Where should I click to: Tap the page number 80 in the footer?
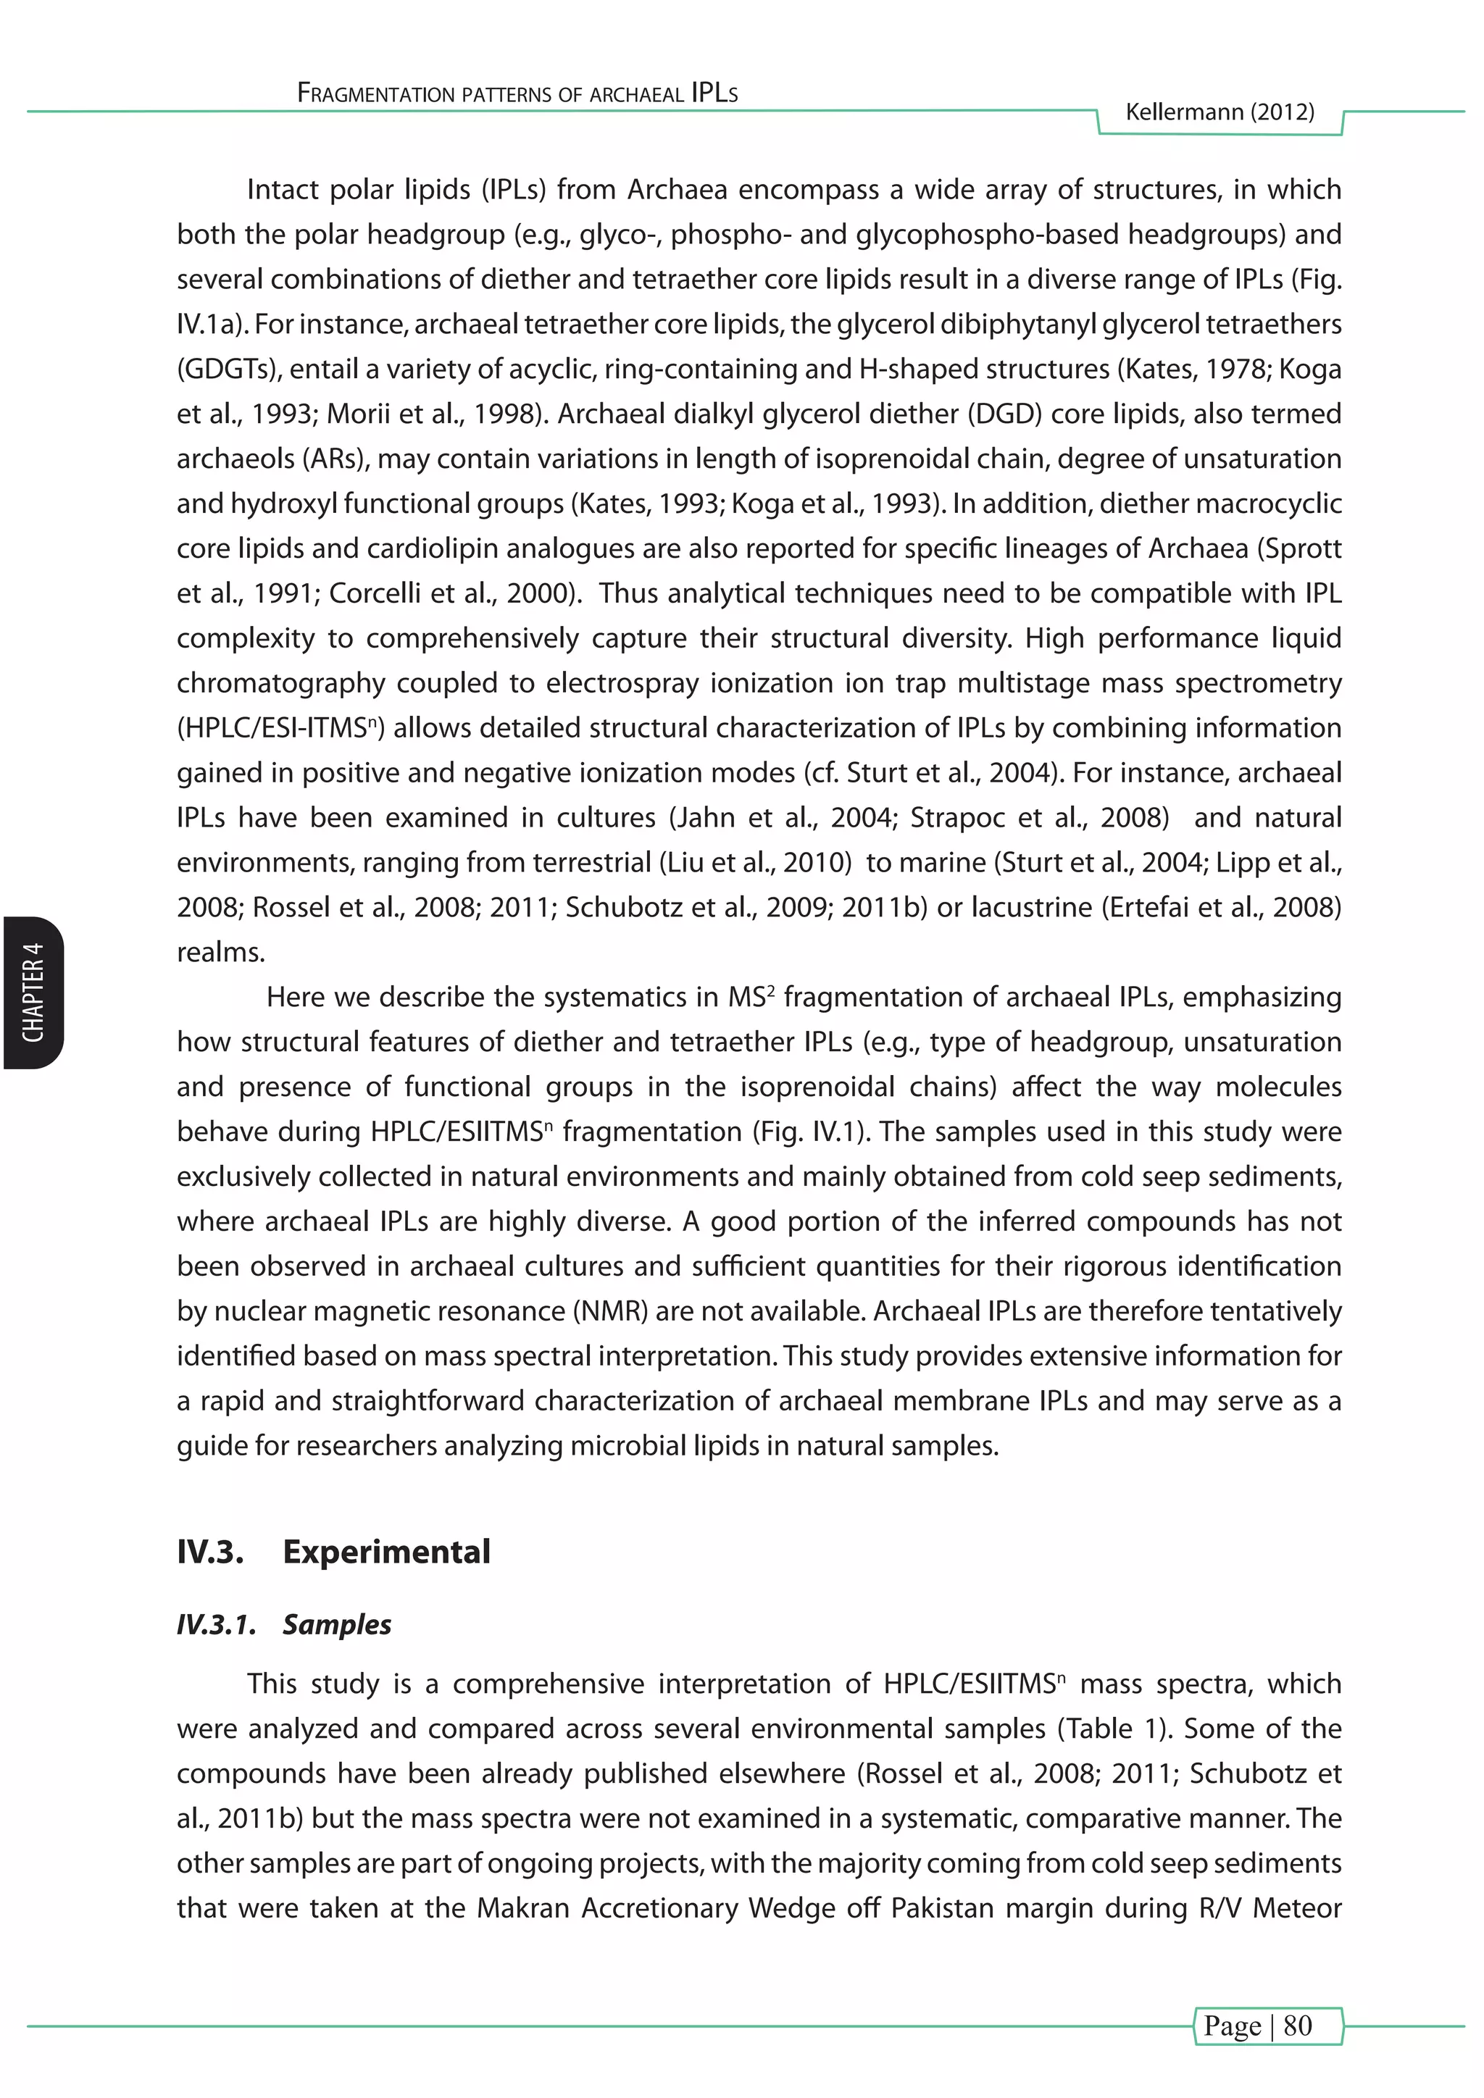1298,2025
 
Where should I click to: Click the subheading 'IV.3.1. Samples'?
284,1623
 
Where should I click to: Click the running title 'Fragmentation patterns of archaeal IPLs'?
517,93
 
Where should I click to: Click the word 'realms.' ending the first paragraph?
221,952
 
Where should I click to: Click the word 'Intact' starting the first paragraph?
283,190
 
